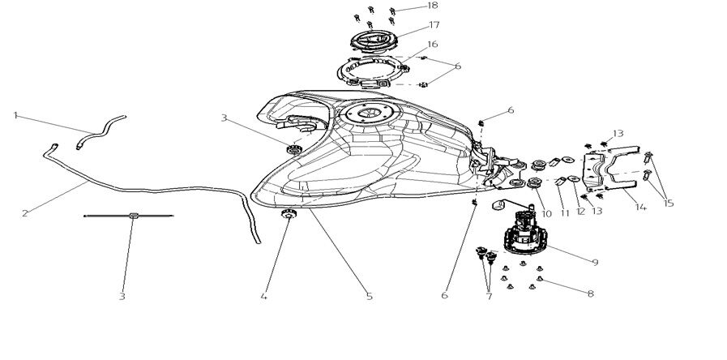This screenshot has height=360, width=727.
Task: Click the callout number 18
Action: click(x=432, y=6)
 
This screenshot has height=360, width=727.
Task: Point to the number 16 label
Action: click(x=432, y=45)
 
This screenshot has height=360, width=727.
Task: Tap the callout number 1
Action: click(x=15, y=115)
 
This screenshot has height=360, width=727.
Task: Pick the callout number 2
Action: click(x=25, y=214)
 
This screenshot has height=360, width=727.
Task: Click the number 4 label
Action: click(x=263, y=297)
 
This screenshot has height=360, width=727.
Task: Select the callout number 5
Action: click(x=369, y=297)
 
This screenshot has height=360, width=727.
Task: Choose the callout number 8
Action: click(x=589, y=294)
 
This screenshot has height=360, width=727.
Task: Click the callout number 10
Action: click(x=546, y=214)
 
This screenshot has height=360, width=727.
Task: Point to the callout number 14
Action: click(x=640, y=208)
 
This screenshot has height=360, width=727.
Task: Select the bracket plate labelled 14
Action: click(x=612, y=172)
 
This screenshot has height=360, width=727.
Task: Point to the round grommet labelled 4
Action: click(x=288, y=214)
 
